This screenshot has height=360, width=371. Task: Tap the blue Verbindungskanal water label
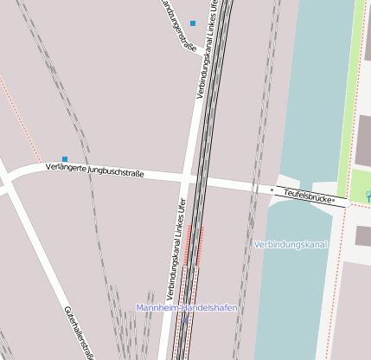pyautogui.click(x=291, y=245)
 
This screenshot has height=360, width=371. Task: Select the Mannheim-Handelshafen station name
pyautogui.click(x=186, y=307)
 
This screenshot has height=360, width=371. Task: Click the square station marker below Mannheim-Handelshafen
pyautogui.click(x=184, y=321)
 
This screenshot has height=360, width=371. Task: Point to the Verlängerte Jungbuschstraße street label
pyautogui.click(x=93, y=170)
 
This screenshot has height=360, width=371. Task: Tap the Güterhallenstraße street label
pyautogui.click(x=79, y=331)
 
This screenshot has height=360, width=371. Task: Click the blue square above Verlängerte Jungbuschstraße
pyautogui.click(x=65, y=158)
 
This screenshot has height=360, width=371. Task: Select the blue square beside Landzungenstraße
pyautogui.click(x=193, y=22)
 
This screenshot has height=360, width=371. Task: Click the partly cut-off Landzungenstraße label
pyautogui.click(x=178, y=25)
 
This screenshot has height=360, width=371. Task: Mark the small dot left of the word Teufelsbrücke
pyautogui.click(x=272, y=189)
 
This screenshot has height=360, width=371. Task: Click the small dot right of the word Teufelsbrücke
pyautogui.click(x=333, y=200)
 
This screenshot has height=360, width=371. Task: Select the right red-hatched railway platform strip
pyautogui.click(x=201, y=247)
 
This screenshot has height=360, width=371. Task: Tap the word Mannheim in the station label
pyautogui.click(x=157, y=307)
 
